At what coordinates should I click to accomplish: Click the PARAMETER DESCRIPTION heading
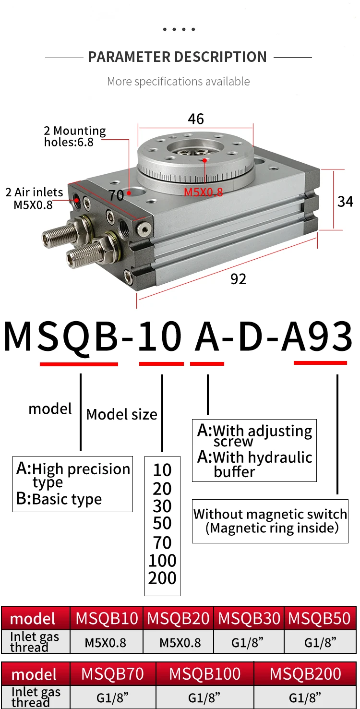click(177, 57)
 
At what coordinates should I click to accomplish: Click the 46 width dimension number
click(196, 119)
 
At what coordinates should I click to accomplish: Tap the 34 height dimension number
click(345, 201)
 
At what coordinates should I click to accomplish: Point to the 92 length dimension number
click(238, 279)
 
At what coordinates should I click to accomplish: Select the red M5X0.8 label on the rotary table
click(204, 192)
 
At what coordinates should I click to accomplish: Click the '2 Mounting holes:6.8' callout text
click(74, 136)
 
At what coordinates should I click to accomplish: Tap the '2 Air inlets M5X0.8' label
click(34, 198)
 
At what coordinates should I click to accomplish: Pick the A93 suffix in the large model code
click(317, 337)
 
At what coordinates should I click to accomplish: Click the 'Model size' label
click(121, 414)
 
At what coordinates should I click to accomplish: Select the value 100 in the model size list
click(162, 560)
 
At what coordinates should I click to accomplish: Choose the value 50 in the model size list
click(162, 524)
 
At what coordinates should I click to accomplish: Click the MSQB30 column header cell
click(249, 618)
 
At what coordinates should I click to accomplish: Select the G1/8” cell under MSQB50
click(320, 642)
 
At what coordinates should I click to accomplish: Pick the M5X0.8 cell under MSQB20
click(179, 642)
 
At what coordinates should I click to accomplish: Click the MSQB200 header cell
click(305, 674)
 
